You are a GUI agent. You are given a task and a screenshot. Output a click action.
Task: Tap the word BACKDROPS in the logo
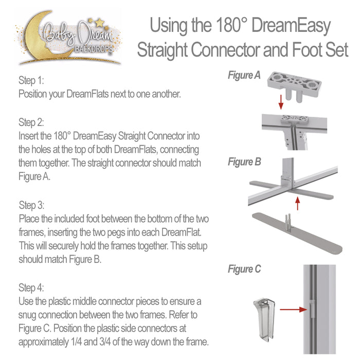coord(94,49)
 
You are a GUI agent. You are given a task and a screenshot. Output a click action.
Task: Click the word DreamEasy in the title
coord(291,26)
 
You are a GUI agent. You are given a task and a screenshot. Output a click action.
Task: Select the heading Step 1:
coord(31,80)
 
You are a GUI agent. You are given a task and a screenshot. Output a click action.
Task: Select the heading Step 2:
coord(31,122)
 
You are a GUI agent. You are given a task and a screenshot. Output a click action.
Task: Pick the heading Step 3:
coord(31,205)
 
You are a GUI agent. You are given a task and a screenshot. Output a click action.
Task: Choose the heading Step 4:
coord(31,287)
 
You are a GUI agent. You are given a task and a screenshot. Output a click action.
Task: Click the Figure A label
coord(244,75)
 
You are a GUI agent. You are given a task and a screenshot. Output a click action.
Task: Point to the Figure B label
coord(244,162)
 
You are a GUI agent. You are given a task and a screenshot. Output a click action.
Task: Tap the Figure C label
coord(244,269)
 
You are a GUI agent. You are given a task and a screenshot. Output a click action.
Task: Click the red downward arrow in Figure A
coord(281,102)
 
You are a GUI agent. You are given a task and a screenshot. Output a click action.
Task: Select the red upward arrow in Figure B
coord(298,203)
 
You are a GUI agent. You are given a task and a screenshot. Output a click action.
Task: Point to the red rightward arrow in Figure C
coord(294,310)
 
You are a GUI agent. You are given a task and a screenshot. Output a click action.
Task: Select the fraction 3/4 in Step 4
coord(105,341)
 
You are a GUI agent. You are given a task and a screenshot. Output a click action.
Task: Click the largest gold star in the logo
coord(100,23)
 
